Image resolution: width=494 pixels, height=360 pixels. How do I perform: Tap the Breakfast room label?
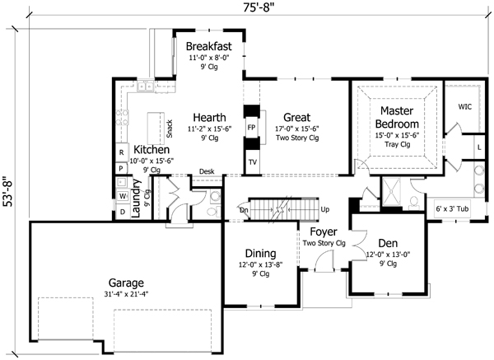(208, 45)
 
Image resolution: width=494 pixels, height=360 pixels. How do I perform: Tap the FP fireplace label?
(252, 129)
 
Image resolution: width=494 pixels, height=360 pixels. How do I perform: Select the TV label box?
(252, 162)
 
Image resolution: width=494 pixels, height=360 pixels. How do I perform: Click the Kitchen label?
(151, 150)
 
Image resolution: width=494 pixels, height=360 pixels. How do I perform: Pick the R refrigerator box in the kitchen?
(121, 152)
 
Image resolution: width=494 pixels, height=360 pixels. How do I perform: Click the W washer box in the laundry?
(121, 196)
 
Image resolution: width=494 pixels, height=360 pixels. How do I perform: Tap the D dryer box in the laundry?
(121, 212)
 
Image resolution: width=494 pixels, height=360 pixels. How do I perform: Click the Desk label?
(207, 171)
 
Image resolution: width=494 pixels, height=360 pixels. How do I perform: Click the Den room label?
(388, 243)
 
